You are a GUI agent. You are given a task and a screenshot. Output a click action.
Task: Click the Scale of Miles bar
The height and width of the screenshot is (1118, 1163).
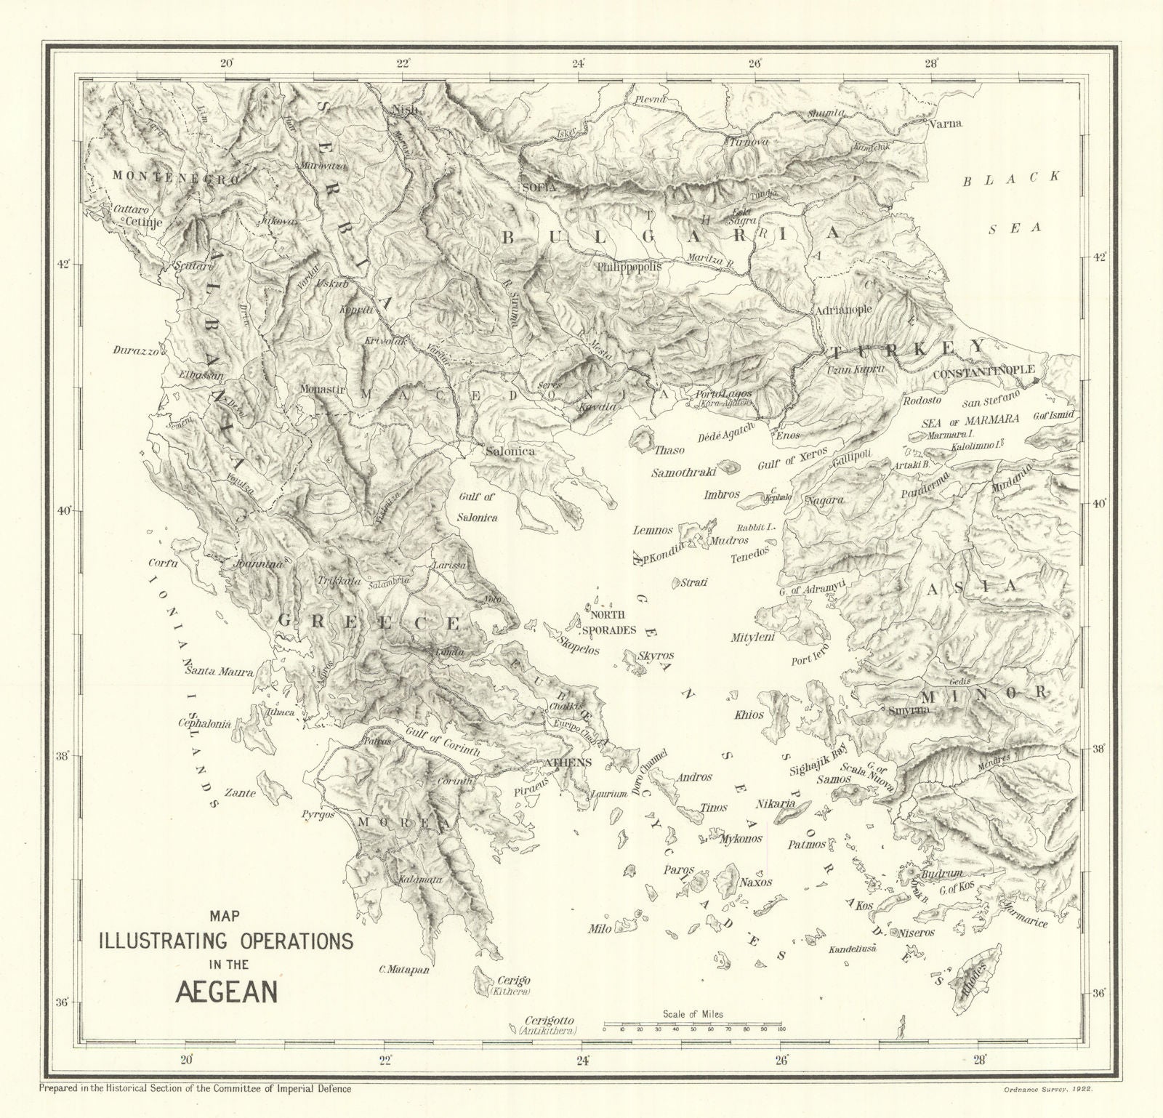(693, 1023)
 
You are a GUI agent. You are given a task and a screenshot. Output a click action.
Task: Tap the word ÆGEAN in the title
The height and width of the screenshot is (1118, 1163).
(226, 992)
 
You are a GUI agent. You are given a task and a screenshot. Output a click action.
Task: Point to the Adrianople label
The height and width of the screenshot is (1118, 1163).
(843, 309)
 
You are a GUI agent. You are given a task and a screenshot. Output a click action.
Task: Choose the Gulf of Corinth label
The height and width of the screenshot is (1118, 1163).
(443, 742)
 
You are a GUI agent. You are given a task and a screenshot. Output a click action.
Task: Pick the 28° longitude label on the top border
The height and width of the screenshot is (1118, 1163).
(933, 63)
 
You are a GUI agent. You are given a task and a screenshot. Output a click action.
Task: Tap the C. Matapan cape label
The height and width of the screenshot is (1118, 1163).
(404, 969)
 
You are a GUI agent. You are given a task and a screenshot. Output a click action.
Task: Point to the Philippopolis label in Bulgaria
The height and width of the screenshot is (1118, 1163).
(629, 267)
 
